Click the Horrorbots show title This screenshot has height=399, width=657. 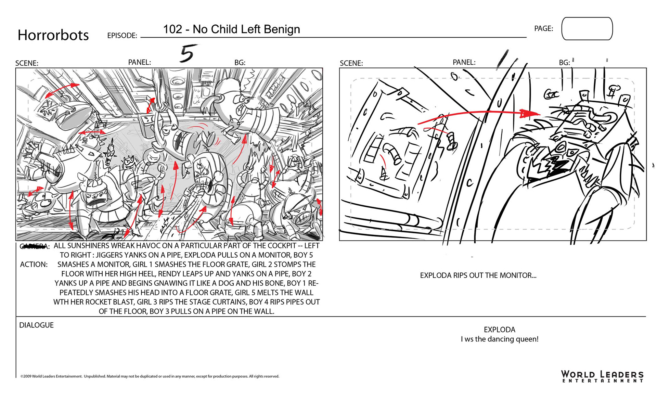point(53,35)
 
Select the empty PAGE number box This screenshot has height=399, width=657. point(587,29)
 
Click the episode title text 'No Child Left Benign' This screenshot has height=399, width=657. point(246,29)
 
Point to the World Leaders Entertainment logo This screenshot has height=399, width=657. point(602,376)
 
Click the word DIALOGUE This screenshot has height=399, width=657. point(36,325)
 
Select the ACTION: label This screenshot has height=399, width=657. point(34,265)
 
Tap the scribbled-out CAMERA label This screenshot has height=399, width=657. point(34,246)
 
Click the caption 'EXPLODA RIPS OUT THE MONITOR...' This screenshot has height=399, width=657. point(478,275)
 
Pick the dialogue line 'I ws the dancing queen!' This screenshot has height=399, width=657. point(499,339)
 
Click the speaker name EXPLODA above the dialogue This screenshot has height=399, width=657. point(499,330)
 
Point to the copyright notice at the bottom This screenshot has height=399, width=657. point(150,376)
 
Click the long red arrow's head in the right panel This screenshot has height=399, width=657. point(529,113)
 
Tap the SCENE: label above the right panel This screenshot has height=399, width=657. point(351,63)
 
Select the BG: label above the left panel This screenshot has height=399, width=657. point(240,63)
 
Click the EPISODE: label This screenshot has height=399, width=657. point(122,36)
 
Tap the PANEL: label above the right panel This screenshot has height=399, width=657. point(464,62)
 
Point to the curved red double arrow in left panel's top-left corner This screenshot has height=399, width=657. point(62,90)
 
